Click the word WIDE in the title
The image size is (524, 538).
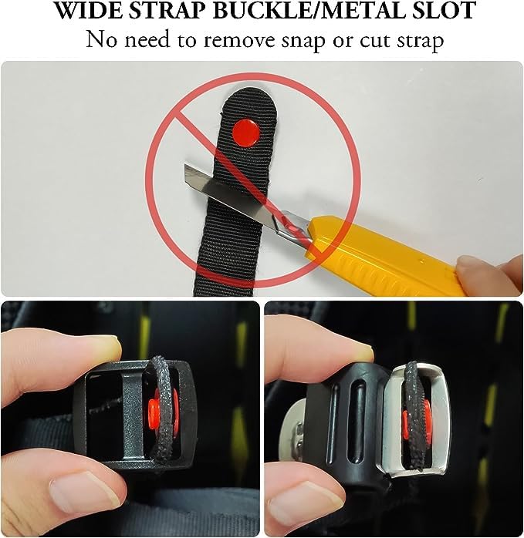83,12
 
